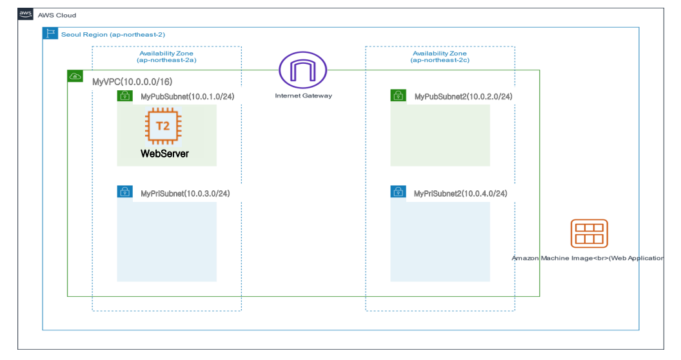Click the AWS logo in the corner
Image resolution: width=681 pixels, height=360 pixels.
point(26,14)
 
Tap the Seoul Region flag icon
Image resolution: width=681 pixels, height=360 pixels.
point(50,34)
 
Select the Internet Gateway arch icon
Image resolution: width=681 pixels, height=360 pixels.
point(302,70)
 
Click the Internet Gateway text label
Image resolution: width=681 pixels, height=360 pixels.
point(303,96)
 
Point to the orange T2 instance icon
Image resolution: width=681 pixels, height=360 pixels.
point(163,126)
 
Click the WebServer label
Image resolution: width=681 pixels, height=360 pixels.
point(164,154)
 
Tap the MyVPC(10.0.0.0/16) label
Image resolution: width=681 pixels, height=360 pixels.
point(132,82)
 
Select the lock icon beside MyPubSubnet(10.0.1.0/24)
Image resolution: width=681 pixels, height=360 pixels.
point(124,96)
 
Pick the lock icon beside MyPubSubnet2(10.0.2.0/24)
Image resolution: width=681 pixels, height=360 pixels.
point(398,96)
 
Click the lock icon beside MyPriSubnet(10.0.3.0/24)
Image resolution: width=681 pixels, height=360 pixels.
point(124,192)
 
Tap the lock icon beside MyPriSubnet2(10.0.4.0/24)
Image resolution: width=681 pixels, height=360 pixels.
point(398,192)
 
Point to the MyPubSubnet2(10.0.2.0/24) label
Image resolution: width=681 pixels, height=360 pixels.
point(463,97)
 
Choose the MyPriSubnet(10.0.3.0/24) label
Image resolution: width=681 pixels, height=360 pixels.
point(185,193)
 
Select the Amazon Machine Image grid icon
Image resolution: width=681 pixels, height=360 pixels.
point(589,234)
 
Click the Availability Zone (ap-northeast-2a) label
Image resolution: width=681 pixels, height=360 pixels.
point(167,57)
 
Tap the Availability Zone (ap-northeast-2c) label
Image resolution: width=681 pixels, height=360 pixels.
point(440,57)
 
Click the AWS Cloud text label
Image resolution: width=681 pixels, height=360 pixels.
point(57,15)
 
